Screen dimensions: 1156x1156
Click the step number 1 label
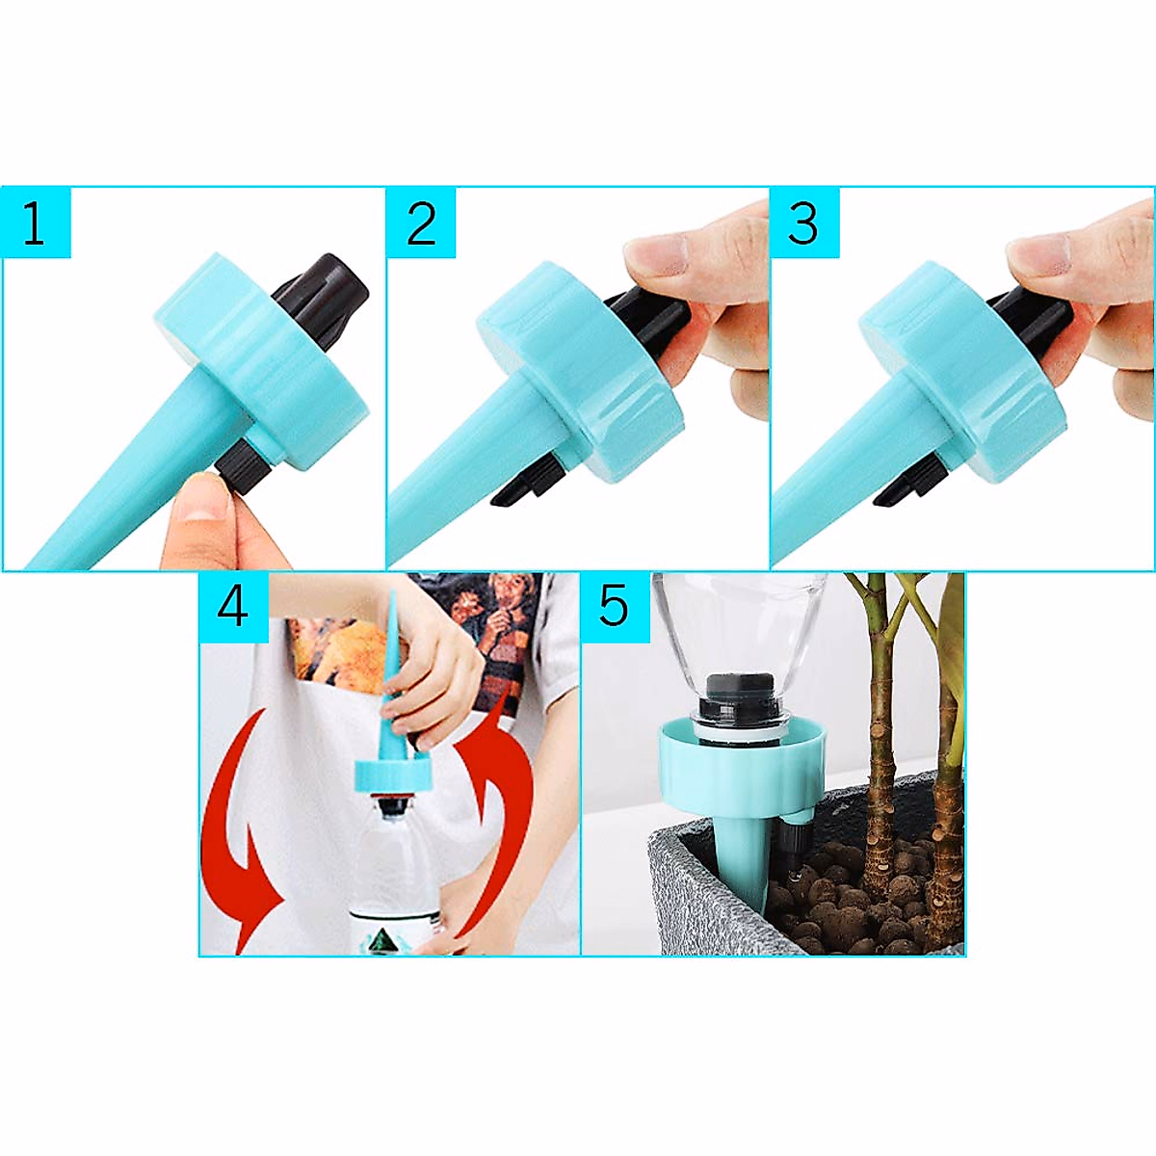click(34, 223)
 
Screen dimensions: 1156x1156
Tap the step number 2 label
click(421, 223)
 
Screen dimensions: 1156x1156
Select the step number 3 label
click(803, 223)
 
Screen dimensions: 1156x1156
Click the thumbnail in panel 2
click(655, 252)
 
